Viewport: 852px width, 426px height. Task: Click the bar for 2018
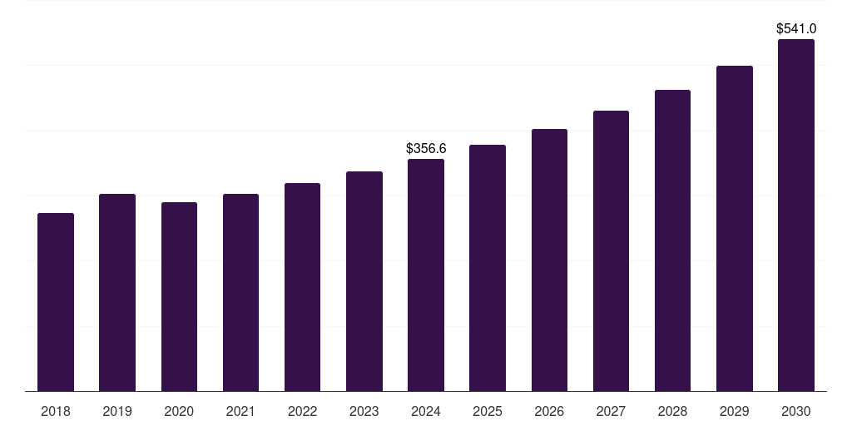tap(56, 302)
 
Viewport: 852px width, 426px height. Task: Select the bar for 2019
tap(117, 292)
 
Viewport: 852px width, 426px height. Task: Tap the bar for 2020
tap(179, 296)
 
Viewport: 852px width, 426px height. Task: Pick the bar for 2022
tap(302, 287)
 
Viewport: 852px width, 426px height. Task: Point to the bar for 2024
tap(426, 275)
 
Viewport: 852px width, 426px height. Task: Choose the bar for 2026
tap(549, 260)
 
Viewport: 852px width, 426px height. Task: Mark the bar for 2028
tap(672, 240)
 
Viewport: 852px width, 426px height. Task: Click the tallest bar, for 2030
tap(796, 215)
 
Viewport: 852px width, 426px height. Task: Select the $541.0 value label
tap(796, 29)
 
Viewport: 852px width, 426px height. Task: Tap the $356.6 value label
tap(426, 149)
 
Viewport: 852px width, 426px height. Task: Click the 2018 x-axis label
tap(56, 411)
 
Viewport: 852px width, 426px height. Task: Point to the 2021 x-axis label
tap(240, 411)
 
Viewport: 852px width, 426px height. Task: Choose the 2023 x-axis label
tap(364, 411)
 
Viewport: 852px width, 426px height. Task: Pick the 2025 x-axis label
tap(488, 411)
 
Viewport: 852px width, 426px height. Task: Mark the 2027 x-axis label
tap(611, 411)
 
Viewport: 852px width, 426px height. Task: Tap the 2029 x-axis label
tap(735, 411)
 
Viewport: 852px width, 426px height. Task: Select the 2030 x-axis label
tap(796, 411)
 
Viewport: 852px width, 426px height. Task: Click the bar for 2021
tap(240, 292)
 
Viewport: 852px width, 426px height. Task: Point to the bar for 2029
tap(735, 228)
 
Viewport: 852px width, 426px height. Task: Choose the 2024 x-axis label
tap(426, 411)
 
